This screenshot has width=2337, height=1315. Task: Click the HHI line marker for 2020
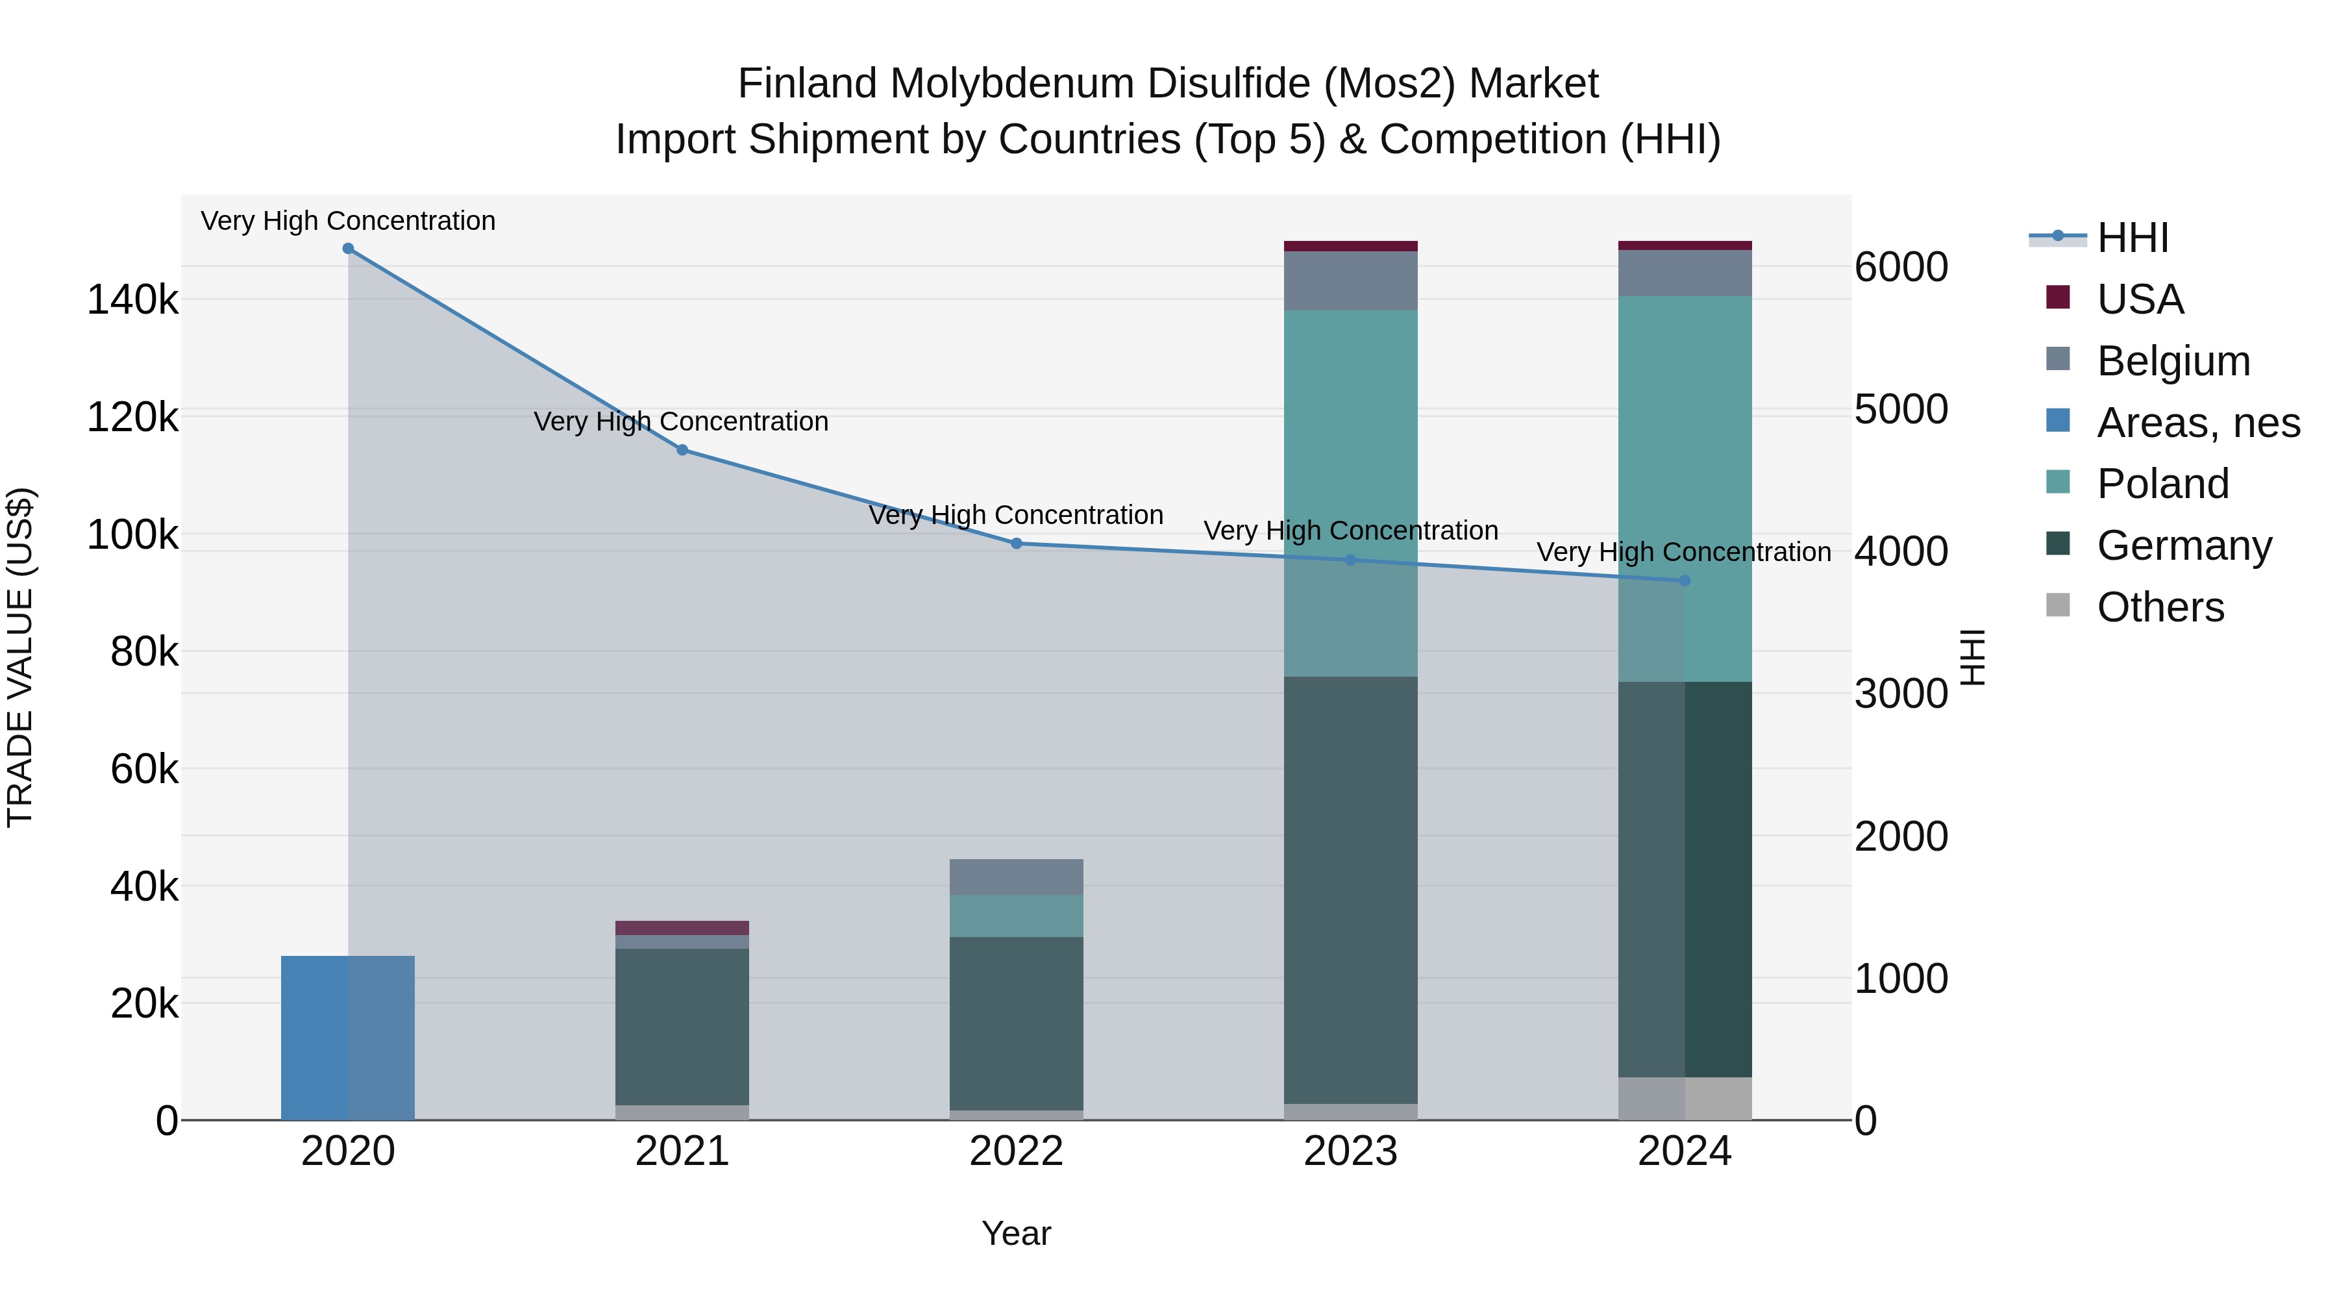[x=349, y=249]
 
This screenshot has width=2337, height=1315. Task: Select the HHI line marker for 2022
[x=1016, y=544]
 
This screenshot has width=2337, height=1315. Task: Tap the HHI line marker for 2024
[x=1685, y=581]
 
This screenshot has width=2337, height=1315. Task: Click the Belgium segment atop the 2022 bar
[x=1016, y=877]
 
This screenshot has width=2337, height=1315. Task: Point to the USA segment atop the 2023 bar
[x=1351, y=246]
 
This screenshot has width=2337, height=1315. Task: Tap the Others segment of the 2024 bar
[x=1685, y=1098]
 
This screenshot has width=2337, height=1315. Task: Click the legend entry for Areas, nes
[x=2198, y=423]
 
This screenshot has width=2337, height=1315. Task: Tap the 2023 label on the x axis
[x=1351, y=1151]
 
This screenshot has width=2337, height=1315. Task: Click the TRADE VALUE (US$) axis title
[x=21, y=657]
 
